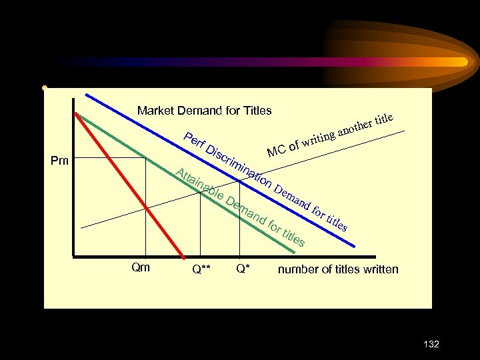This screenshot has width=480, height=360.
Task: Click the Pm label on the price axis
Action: (61, 161)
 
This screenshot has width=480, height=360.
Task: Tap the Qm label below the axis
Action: (141, 268)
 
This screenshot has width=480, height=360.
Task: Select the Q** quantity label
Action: (201, 270)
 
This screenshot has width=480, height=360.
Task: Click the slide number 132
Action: (431, 344)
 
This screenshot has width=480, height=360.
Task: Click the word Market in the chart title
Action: (154, 110)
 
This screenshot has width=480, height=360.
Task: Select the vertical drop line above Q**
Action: (201, 227)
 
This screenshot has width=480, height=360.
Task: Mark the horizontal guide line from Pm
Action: (110, 157)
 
